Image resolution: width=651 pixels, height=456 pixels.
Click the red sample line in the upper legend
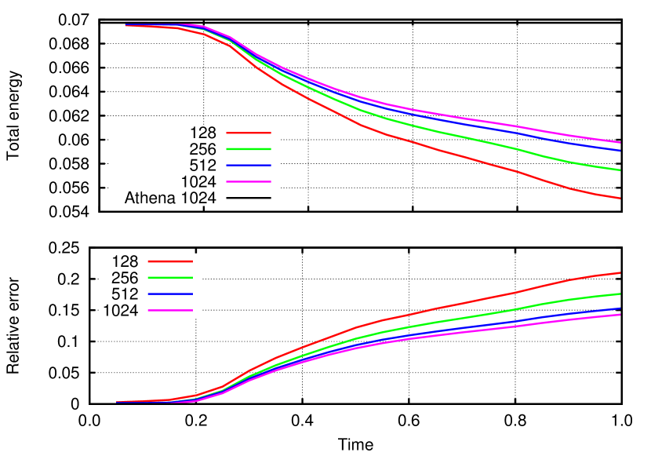coord(249,133)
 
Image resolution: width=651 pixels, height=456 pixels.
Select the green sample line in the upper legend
coord(249,148)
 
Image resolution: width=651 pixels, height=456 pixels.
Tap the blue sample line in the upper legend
coord(249,165)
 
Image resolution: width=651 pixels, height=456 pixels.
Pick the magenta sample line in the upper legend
coord(249,181)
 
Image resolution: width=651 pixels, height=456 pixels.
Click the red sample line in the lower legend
coord(170,261)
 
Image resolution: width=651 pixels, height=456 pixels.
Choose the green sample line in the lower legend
coord(170,278)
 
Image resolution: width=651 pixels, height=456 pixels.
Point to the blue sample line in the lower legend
coord(170,294)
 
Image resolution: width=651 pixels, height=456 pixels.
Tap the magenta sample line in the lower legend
coord(170,310)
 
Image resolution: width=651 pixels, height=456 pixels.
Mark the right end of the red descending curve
coord(620,198)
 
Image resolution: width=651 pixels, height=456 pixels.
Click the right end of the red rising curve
coord(620,273)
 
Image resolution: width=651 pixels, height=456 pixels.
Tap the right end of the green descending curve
coord(620,170)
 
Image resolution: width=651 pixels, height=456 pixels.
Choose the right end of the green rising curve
coord(620,294)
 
